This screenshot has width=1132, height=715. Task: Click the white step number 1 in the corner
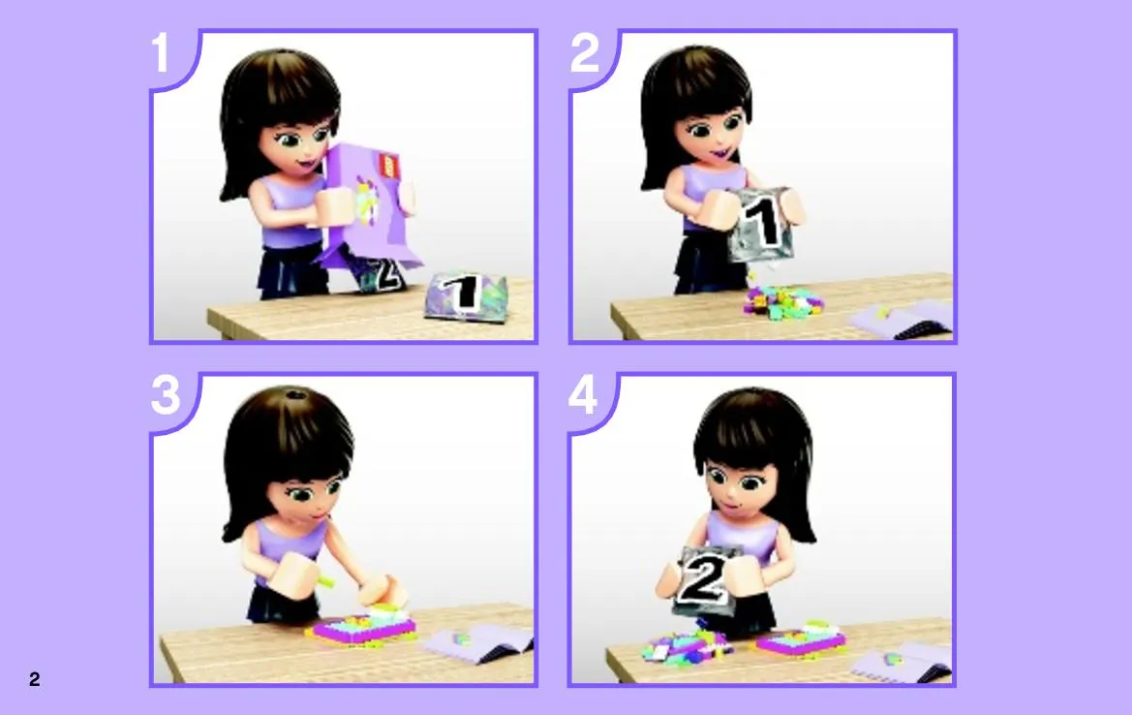pos(161,52)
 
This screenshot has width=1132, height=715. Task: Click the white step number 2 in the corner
pos(585,52)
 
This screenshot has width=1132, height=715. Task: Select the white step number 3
pos(166,396)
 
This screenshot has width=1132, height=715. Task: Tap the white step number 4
pos(583,395)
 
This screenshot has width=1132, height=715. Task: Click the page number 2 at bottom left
pos(35,679)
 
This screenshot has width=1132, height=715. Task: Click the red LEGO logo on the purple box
pos(387,164)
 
